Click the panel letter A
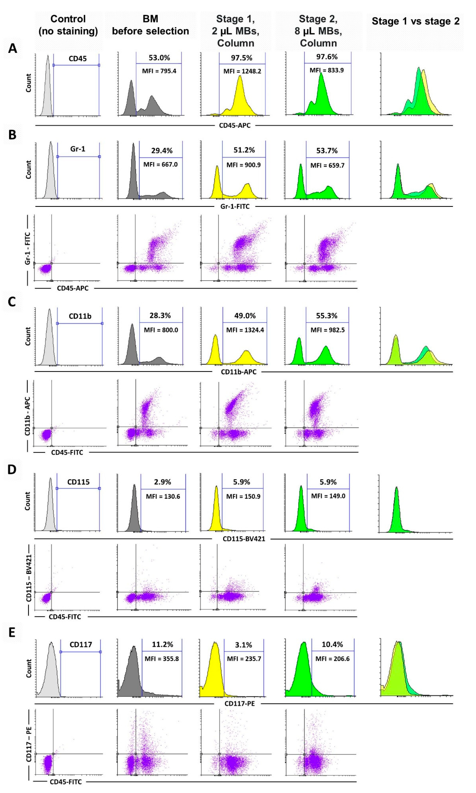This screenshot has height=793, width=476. (x=13, y=48)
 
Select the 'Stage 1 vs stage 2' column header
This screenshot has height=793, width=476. (x=415, y=22)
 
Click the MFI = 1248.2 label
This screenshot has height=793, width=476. (x=242, y=71)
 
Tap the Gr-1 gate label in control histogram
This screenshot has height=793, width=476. (x=78, y=149)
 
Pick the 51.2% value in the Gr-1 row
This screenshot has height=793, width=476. (x=244, y=150)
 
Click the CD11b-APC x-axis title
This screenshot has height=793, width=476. (x=239, y=372)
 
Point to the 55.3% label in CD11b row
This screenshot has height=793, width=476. (x=326, y=316)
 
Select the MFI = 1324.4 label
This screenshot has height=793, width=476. (x=245, y=330)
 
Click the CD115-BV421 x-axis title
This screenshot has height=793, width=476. (x=244, y=539)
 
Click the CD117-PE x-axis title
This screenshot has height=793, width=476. (x=240, y=704)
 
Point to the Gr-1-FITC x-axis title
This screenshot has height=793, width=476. (x=235, y=206)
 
